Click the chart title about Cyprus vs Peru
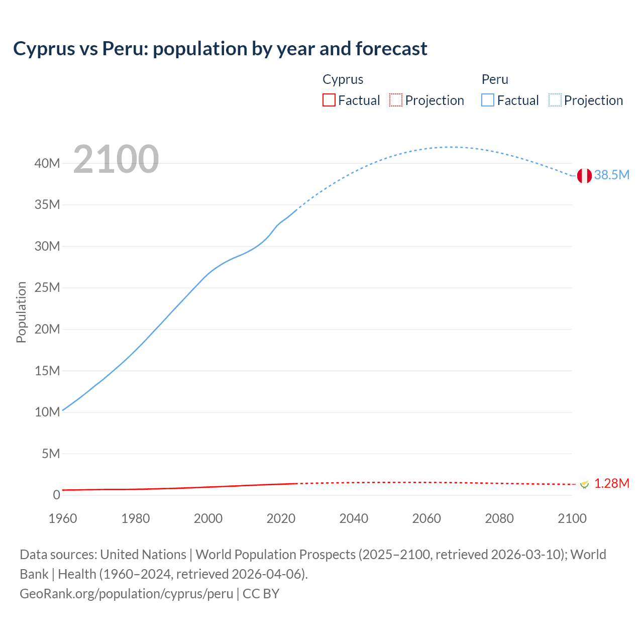coord(220,49)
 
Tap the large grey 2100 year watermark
coord(116,159)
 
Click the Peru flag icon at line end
coord(584,176)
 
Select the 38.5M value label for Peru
coord(611,175)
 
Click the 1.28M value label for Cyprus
coord(611,483)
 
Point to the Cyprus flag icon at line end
coord(584,484)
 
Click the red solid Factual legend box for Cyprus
coord(329,100)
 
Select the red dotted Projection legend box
coord(396,100)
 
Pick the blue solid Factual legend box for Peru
coord(488,100)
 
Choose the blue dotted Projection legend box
coord(555,100)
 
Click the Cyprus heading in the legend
coord(343,79)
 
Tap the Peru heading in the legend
coord(495,79)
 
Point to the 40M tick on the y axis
coord(47,163)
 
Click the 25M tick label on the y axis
coord(47,288)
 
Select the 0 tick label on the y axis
coord(56,495)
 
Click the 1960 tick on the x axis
coord(63,518)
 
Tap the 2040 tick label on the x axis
coord(354,518)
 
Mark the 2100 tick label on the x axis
coord(572,518)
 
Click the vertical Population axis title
coord(21,312)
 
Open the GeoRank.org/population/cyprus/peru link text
coord(126,594)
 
